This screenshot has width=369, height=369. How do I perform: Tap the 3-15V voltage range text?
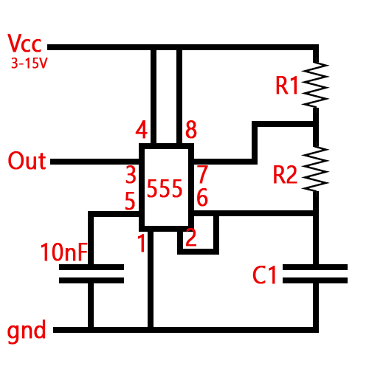coord(30,64)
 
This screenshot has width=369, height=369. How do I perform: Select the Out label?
coord(27,161)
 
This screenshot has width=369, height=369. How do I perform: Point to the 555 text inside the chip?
coord(165,189)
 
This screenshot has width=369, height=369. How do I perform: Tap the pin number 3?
coord(131,176)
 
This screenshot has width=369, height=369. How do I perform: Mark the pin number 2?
coord(191,238)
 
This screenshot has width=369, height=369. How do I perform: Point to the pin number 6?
coord(201,199)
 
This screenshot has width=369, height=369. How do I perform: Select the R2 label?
coord(285,176)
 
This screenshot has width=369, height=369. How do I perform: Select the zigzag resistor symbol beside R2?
coord(315,168)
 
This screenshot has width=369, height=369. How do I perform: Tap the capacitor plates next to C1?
coord(315,273)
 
